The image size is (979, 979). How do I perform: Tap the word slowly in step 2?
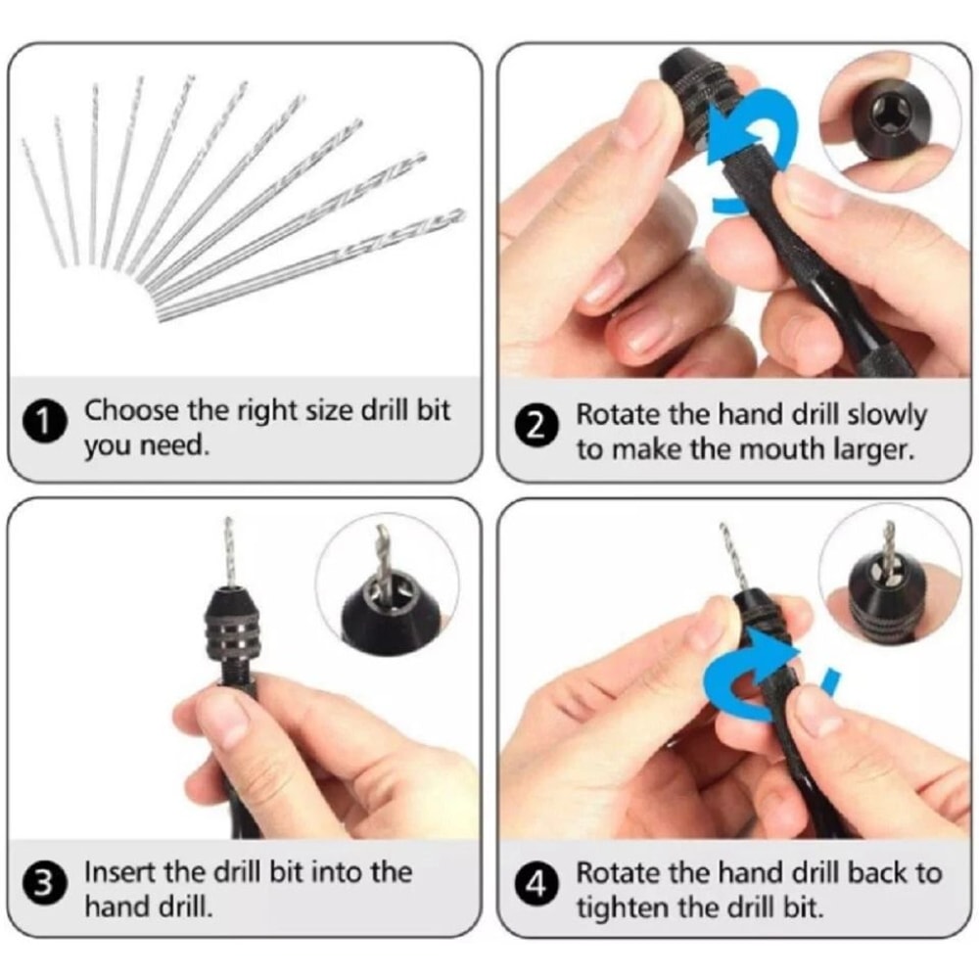pos(885,414)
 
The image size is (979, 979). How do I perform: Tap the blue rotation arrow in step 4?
pos(754,676)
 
